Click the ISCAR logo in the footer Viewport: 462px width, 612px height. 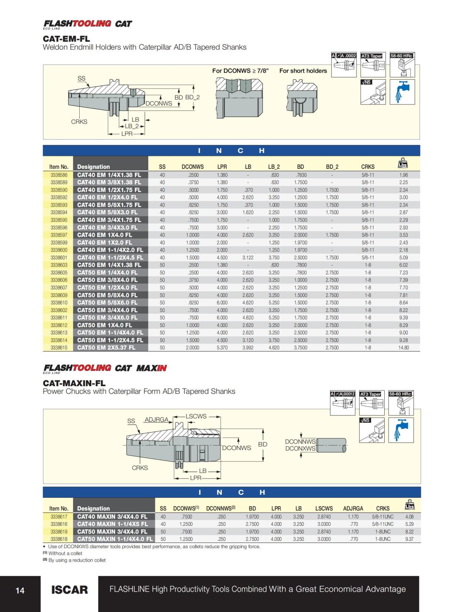pos(69,589)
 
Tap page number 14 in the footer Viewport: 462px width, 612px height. pos(20,590)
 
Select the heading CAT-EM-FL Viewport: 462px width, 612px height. pos(66,39)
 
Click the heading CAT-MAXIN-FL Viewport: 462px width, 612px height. pos(74,383)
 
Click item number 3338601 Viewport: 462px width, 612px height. pos(59,258)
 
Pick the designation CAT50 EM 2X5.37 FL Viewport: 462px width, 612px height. pos(106,348)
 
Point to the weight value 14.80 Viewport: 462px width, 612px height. pos(403,348)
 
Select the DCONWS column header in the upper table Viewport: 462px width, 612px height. pos(192,167)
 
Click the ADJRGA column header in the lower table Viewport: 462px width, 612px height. pos(353,508)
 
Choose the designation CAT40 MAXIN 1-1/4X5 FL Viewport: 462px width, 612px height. pos(112,524)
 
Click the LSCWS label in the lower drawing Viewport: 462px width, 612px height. pos(196,416)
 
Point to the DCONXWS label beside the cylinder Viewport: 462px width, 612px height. pos(300,449)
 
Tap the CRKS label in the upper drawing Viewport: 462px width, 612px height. pos(79,122)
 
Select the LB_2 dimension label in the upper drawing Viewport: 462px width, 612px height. pos(131,126)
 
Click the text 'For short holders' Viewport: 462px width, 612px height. pos(303,71)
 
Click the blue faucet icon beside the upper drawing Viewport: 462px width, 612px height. pos(402,92)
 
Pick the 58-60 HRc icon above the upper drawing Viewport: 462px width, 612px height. pos(402,64)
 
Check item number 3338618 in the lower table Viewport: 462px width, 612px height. pos(59,539)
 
